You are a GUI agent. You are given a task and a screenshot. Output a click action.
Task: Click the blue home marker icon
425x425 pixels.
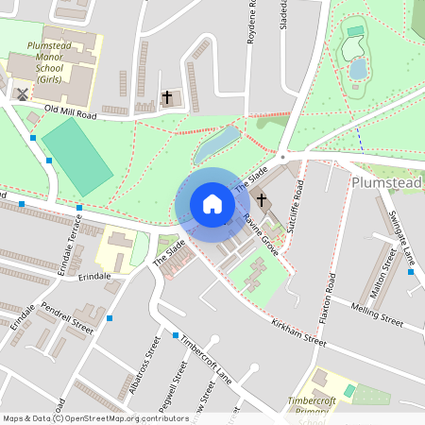(x=212, y=204)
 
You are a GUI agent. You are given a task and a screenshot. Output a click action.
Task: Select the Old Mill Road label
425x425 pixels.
(x=71, y=112)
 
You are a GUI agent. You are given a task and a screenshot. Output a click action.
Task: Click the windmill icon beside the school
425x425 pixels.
(x=21, y=94)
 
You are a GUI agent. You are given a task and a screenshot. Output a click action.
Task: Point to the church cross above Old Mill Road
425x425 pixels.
(x=167, y=97)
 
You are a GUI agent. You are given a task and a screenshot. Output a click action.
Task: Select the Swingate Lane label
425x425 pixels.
(x=402, y=236)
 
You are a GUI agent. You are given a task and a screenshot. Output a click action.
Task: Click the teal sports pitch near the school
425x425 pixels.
(x=76, y=156)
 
